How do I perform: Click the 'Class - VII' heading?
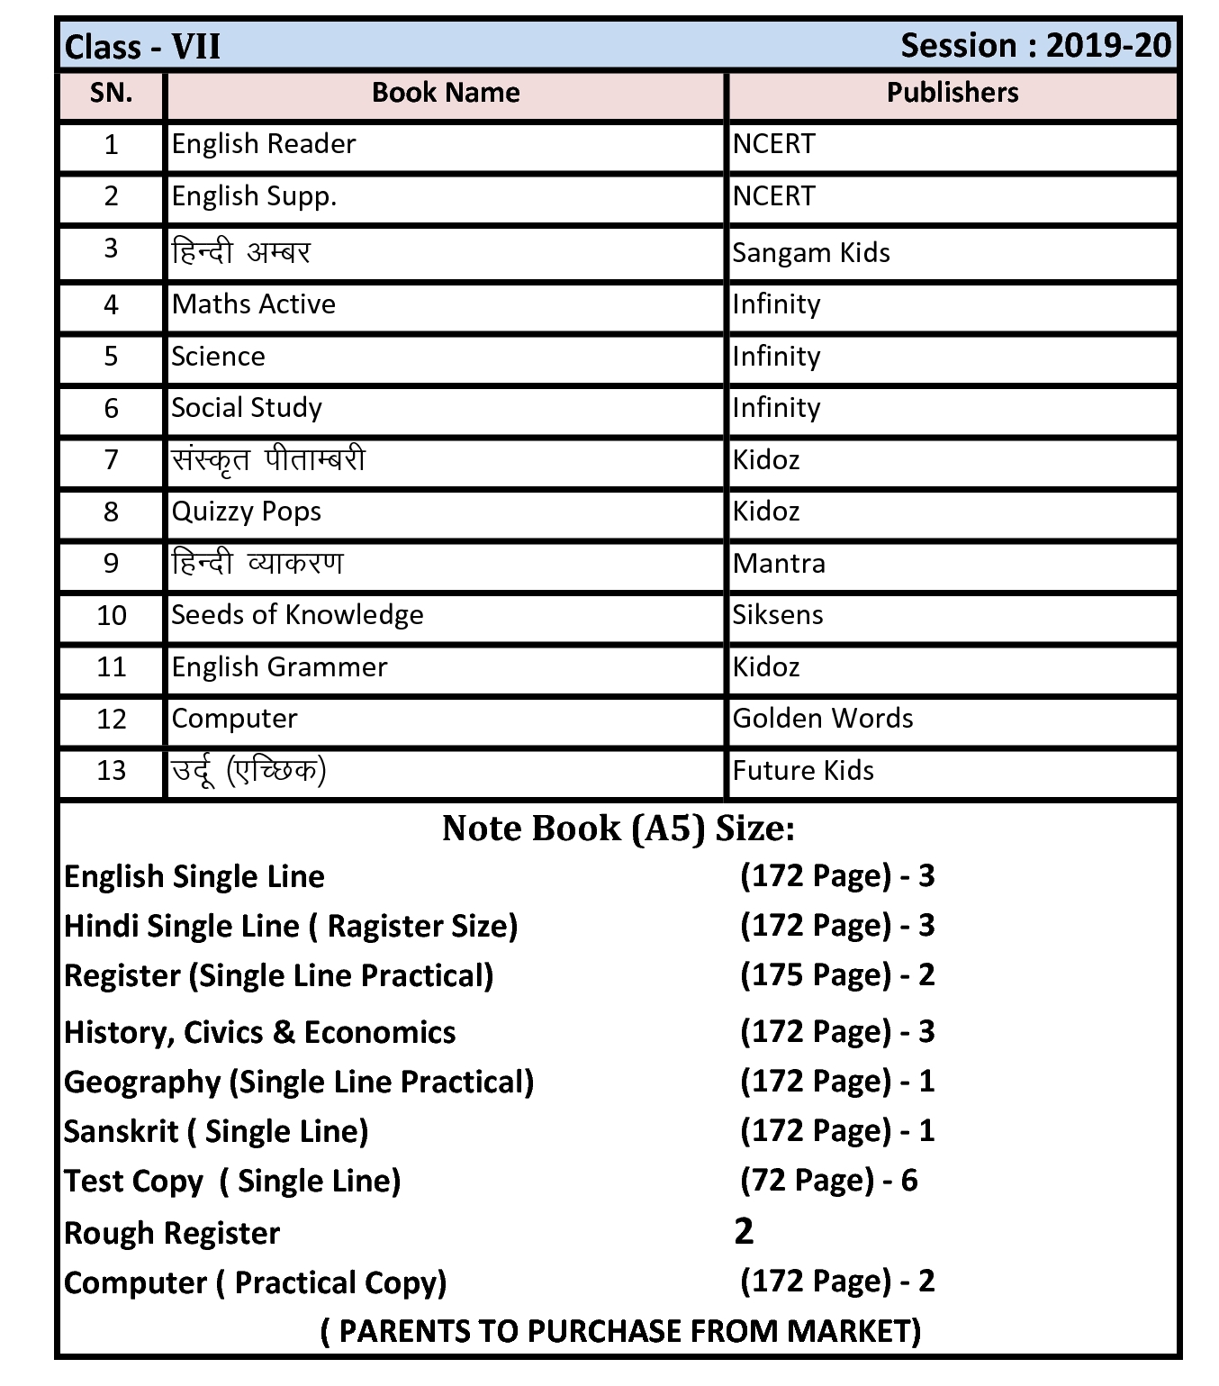[142, 46]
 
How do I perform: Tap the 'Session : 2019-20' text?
[1035, 45]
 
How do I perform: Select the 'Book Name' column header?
[446, 93]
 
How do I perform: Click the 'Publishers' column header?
[953, 93]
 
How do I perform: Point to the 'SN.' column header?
[112, 93]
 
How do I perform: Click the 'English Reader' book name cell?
[264, 144]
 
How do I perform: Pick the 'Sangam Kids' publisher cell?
[811, 253]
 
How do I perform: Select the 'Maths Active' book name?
[254, 304]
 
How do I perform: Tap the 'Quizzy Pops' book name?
[247, 512]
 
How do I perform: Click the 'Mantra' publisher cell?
[779, 564]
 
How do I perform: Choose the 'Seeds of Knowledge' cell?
[297, 615]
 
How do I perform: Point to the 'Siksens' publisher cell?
[778, 615]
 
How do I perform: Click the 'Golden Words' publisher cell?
[823, 719]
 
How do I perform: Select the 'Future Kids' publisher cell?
[803, 771]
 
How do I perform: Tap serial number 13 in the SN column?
[112, 771]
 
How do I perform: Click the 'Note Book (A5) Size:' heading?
[619, 829]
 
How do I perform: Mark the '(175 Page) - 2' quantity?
[837, 975]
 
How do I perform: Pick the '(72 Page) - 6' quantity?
[828, 1181]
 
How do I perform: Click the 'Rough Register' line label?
[172, 1233]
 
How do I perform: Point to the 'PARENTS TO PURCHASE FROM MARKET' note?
[620, 1331]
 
